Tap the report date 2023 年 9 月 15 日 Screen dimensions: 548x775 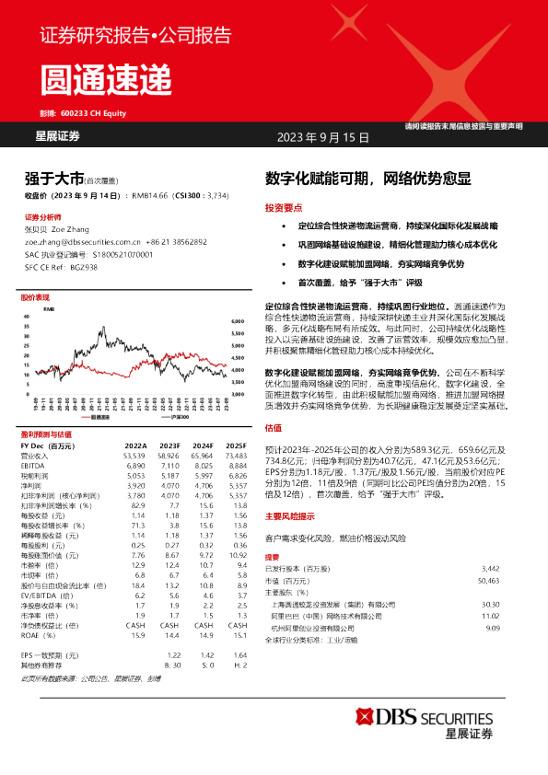(x=323, y=137)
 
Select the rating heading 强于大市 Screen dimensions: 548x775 (x=54, y=179)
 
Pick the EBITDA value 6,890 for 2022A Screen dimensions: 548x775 (x=135, y=468)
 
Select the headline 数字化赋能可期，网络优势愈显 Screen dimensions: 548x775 (x=367, y=179)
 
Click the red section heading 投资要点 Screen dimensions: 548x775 (x=283, y=207)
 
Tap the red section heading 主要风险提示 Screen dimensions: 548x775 (x=290, y=516)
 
